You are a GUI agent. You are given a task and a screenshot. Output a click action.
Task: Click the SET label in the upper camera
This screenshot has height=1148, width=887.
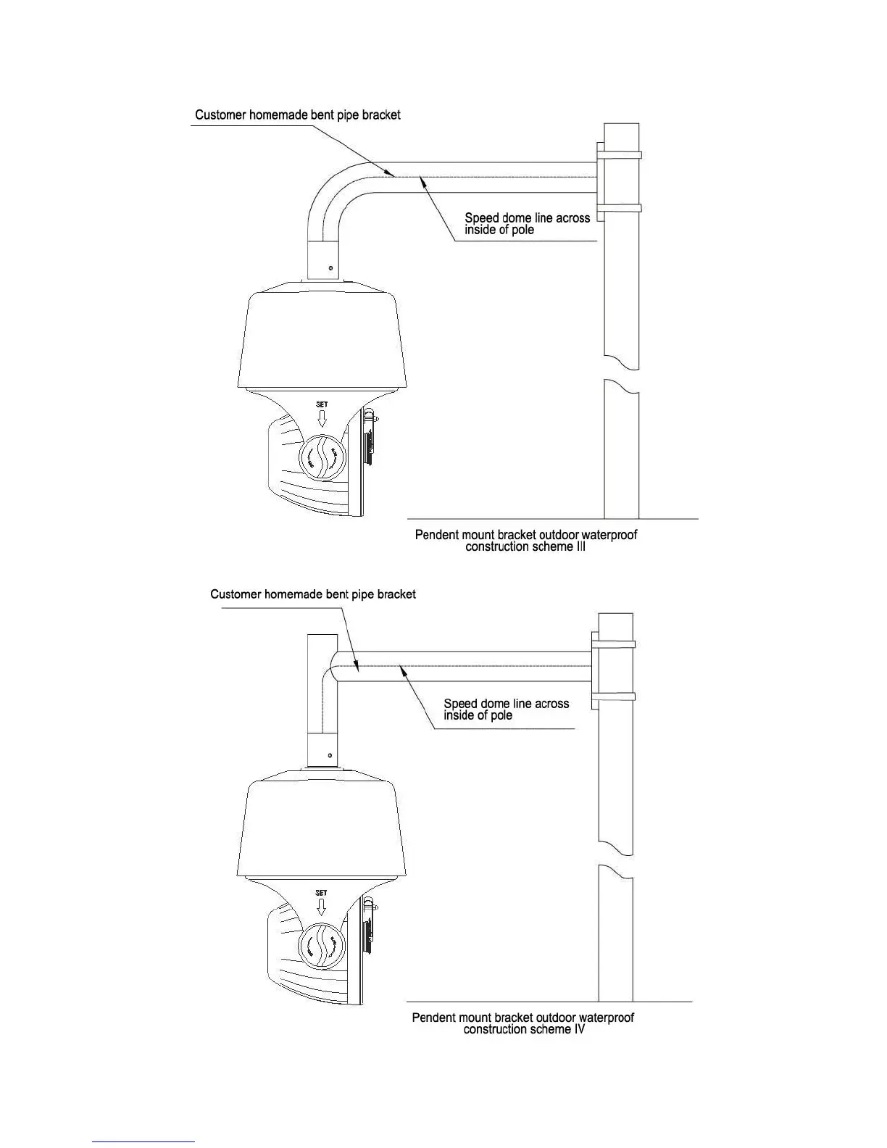point(322,404)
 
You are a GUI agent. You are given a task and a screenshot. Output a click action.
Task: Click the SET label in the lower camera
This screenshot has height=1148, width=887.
point(321,893)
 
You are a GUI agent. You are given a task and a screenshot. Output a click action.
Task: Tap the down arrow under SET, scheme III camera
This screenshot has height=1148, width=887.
point(322,418)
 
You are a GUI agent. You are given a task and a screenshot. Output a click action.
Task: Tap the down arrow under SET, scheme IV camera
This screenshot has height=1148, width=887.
point(321,907)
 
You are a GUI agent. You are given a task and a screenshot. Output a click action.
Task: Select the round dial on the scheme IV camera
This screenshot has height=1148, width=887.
point(322,945)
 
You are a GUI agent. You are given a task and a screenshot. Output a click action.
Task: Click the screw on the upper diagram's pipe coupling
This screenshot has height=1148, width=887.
point(330,269)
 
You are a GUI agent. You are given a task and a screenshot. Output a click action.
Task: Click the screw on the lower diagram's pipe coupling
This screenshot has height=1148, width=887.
point(330,757)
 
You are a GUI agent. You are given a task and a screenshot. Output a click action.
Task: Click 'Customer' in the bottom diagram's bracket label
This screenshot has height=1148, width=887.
point(236,594)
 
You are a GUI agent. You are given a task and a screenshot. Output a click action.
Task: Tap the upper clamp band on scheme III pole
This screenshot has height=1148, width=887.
point(620,154)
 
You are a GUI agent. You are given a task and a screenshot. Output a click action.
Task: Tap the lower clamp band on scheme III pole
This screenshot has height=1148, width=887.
point(620,208)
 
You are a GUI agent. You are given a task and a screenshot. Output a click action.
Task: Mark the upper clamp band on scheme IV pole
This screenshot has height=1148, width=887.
point(615,644)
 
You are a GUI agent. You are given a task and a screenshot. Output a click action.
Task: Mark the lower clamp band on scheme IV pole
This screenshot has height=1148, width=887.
point(615,696)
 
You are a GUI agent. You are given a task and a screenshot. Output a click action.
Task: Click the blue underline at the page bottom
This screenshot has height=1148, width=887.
point(144,1141)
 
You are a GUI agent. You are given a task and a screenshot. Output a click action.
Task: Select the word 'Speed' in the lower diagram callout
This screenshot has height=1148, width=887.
point(460,704)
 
